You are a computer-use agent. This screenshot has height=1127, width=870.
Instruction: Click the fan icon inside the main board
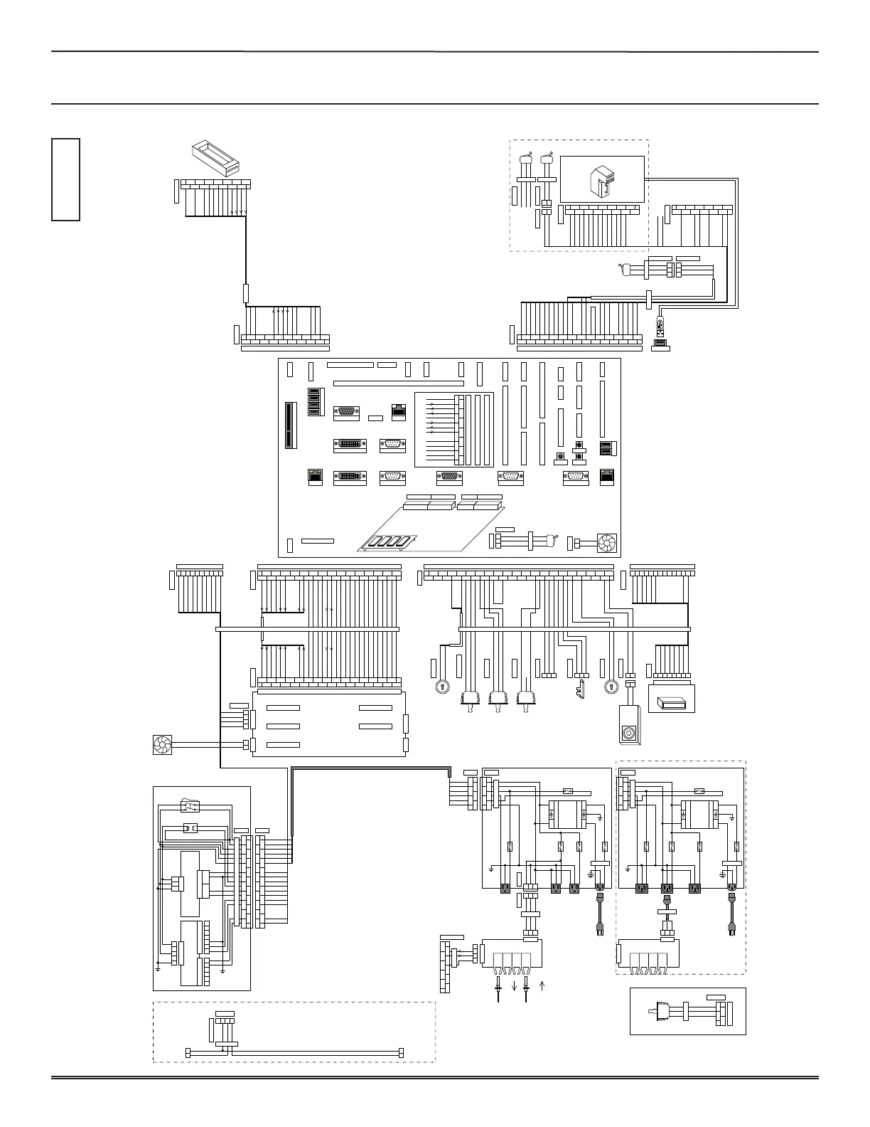point(606,544)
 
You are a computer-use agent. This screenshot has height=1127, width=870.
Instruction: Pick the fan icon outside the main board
point(163,745)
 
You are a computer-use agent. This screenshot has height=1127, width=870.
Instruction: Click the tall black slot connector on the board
point(289,425)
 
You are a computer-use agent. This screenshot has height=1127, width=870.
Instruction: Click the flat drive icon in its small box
point(672,703)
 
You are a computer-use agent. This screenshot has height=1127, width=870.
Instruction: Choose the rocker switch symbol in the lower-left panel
point(190,805)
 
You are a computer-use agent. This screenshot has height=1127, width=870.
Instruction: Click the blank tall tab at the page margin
point(65,179)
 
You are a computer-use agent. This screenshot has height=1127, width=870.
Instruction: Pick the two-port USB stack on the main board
point(606,448)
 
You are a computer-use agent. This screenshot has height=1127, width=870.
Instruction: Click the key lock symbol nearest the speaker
point(610,687)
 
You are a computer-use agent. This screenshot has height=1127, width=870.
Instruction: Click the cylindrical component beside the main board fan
point(548,543)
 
